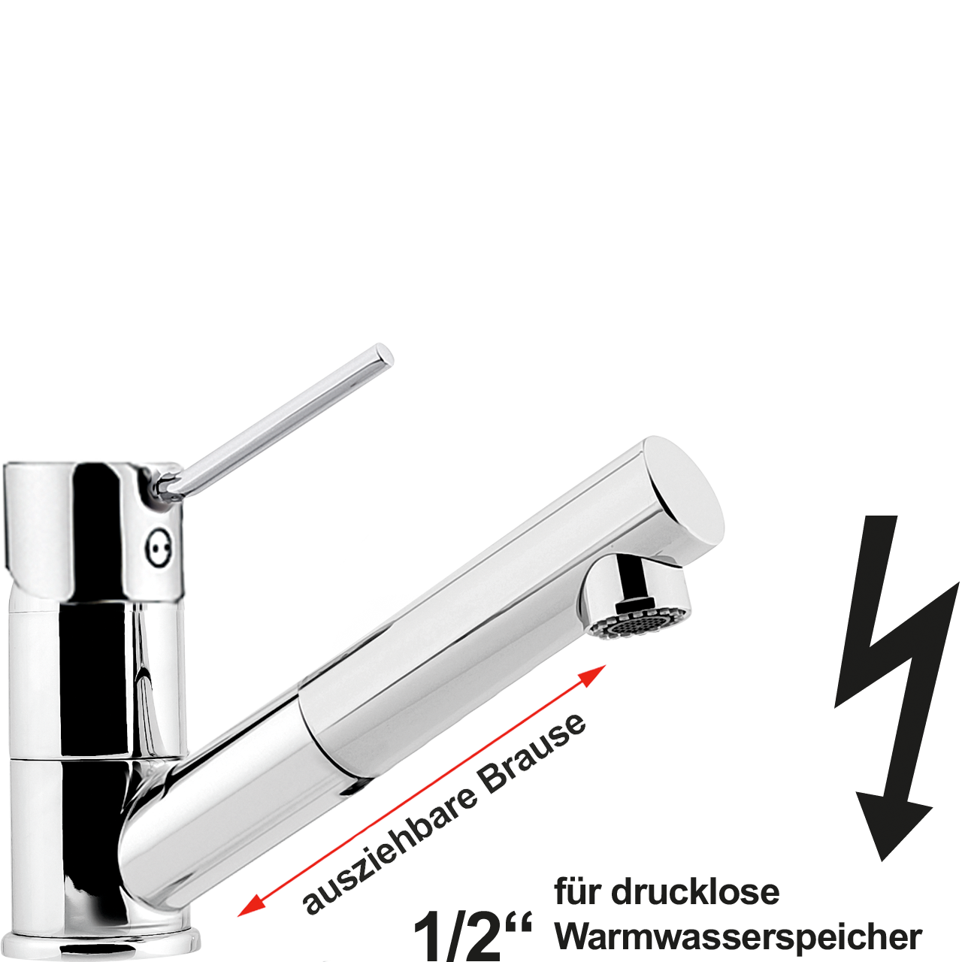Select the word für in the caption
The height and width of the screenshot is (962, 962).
579,892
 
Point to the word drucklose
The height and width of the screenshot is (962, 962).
695,892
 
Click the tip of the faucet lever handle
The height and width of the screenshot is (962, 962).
383,353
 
